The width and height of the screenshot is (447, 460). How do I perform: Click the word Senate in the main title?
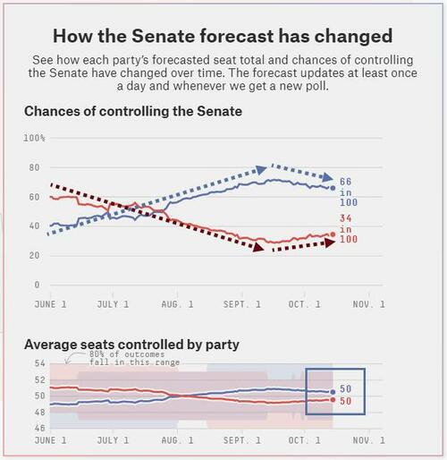[164, 36]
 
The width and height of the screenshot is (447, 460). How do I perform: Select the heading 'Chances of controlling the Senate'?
[133, 111]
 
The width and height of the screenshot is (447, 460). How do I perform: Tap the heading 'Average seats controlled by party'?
[131, 345]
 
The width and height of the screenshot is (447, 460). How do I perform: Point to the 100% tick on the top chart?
[34, 138]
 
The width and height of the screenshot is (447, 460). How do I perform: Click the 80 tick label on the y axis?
[34, 167]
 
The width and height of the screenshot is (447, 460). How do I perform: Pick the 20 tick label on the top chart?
[34, 256]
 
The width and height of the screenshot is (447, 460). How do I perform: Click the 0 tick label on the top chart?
[37, 285]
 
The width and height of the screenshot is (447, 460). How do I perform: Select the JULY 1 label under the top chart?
[113, 304]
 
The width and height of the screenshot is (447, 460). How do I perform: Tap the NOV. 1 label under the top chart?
[369, 304]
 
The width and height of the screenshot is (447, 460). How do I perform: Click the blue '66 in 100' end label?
[349, 192]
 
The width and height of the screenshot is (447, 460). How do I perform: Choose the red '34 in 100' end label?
[349, 229]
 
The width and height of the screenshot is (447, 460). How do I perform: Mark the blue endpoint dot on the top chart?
[333, 188]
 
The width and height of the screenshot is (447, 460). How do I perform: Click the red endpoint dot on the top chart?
[333, 234]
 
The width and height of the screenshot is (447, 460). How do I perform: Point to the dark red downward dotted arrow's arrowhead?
[258, 247]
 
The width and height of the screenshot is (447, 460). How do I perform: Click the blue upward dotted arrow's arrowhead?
[261, 170]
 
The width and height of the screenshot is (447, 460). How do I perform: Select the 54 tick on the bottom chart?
[39, 363]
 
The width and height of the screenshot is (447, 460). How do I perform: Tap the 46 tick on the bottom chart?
[39, 428]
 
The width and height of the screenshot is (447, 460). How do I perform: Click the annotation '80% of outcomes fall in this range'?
[134, 358]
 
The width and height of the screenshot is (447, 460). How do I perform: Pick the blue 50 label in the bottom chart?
[346, 389]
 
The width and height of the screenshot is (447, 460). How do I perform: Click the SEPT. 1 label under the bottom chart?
[242, 440]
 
